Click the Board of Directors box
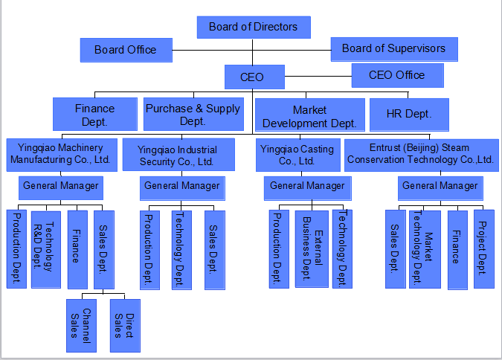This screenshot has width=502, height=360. [x=253, y=28]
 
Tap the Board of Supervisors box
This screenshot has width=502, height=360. [x=393, y=49]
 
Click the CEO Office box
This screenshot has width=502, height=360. [x=397, y=75]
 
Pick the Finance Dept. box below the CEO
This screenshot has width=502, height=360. [x=94, y=115]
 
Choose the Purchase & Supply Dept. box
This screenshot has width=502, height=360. [x=193, y=115]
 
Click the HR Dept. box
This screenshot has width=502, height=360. [x=408, y=115]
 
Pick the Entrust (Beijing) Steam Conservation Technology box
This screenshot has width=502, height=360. [x=420, y=154]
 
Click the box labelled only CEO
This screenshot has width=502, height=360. [x=252, y=76]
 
